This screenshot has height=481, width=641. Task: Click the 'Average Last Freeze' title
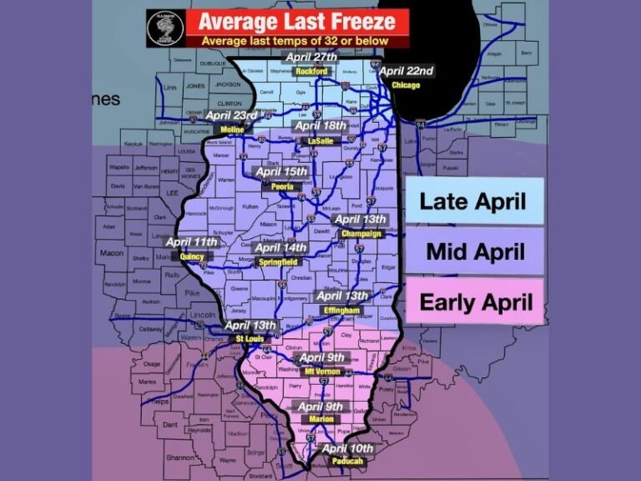pyautogui.click(x=297, y=22)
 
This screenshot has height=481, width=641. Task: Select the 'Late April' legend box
pyautogui.click(x=473, y=200)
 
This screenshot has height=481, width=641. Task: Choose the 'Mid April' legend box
pyautogui.click(x=473, y=251)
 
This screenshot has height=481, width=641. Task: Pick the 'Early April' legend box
pyautogui.click(x=473, y=301)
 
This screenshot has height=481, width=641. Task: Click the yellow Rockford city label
pyautogui.click(x=310, y=70)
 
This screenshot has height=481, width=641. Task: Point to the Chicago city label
pyautogui.click(x=406, y=84)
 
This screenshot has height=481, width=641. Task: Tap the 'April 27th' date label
pyautogui.click(x=311, y=57)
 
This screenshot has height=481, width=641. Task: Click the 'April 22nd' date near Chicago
pyautogui.click(x=406, y=71)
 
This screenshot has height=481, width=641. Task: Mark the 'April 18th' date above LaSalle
pyautogui.click(x=321, y=126)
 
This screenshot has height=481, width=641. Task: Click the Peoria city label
pyautogui.click(x=282, y=186)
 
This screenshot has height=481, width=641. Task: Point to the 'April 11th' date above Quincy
pyautogui.click(x=192, y=243)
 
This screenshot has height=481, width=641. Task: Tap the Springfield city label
pyautogui.click(x=281, y=261)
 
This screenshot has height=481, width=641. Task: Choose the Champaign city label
pyautogui.click(x=361, y=234)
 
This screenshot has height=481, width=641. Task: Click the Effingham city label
pyautogui.click(x=341, y=310)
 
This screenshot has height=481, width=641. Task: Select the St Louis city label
pyautogui.click(x=250, y=338)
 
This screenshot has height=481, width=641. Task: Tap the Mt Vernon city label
pyautogui.click(x=322, y=371)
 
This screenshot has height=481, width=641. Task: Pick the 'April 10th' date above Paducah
pyautogui.click(x=348, y=448)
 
